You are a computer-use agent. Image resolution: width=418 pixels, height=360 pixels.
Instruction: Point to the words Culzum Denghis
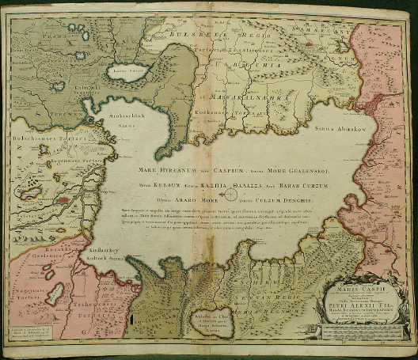pyautogui.click(x=289, y=200)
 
